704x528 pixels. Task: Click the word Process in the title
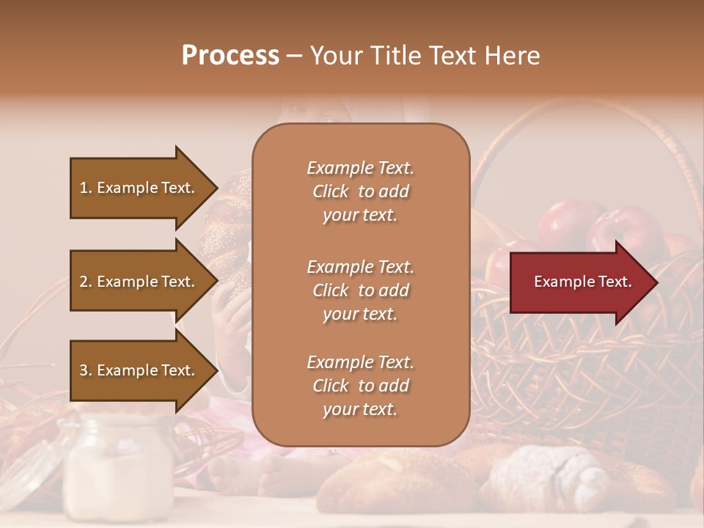click(x=230, y=56)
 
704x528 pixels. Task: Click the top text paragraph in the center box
click(x=360, y=191)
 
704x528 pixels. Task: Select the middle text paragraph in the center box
click(x=360, y=290)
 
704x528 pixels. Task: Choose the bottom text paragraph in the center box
click(x=360, y=386)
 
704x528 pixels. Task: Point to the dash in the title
click(x=294, y=56)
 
